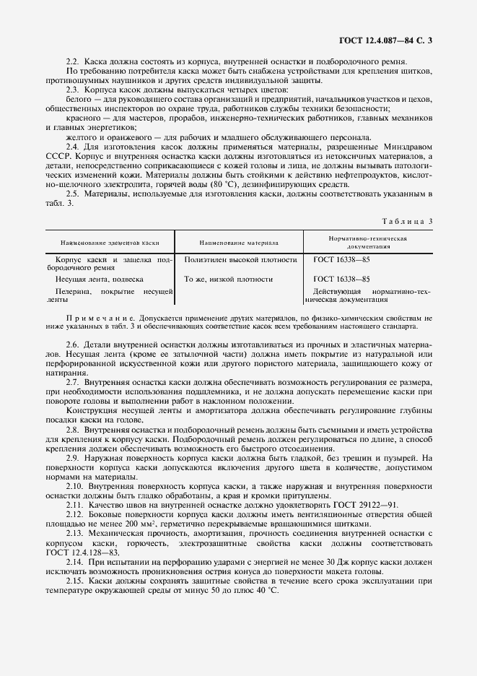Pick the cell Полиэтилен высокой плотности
(240, 259)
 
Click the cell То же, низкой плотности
(228, 279)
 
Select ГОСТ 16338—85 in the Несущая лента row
(342, 279)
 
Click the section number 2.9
(73, 458)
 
